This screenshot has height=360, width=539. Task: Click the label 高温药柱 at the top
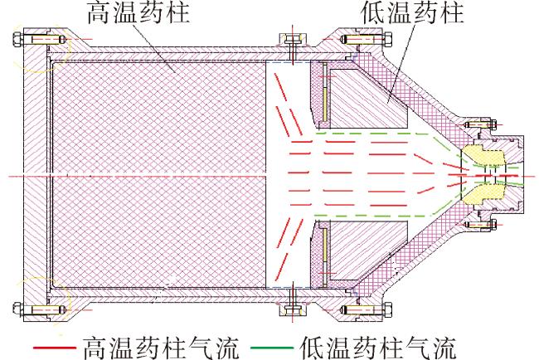point(138,12)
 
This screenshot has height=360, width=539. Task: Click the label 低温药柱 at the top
point(412,12)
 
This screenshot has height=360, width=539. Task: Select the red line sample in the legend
point(54,348)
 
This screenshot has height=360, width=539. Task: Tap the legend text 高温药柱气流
point(161,348)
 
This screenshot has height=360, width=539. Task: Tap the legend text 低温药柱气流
point(378,348)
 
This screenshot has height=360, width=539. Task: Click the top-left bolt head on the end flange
point(17,40)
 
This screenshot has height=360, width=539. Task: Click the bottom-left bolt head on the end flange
point(17,309)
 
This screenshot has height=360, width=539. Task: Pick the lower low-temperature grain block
point(368,251)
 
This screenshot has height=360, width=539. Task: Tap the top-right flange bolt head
point(388,40)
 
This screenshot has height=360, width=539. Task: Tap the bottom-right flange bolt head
point(388,309)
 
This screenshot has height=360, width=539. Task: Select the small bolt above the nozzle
point(479,124)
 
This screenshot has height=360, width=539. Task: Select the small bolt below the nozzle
point(479,225)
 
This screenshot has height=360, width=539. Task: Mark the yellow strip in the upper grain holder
point(324,93)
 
